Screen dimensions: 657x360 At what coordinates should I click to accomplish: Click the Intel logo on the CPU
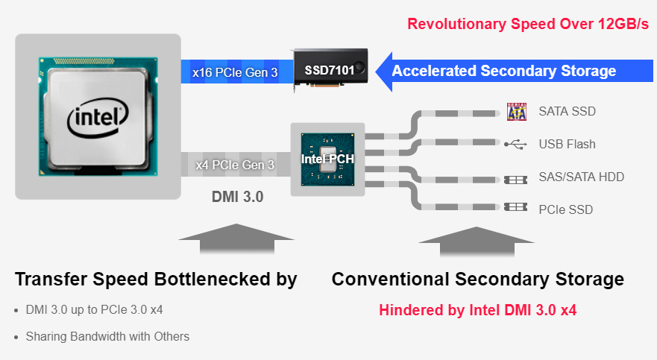pos(98,118)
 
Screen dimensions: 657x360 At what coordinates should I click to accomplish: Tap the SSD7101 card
pos(330,69)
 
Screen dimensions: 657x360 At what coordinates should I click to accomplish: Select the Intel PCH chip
pos(327,159)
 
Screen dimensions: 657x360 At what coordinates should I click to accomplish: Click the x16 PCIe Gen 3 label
pos(235,72)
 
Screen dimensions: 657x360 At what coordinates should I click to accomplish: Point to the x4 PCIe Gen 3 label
pos(235,165)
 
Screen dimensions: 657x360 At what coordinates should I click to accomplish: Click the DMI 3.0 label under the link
pos(238,197)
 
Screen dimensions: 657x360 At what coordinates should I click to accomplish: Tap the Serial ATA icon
pos(517,112)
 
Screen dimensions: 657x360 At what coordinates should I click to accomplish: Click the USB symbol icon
pos(515,145)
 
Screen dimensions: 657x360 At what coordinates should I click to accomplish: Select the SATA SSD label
pos(568,111)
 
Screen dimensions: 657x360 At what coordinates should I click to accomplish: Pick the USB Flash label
pos(567,144)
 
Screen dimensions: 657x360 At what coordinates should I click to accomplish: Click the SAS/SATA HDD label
pos(582,177)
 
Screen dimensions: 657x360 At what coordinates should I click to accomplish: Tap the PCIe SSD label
pos(566,209)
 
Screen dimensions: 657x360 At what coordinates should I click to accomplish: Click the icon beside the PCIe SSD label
pos(515,207)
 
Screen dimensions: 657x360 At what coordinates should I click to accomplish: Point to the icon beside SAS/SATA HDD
pos(515,180)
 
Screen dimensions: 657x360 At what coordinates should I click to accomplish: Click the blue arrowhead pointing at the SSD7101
pos(384,72)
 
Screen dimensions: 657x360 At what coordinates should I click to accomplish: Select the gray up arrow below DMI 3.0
pos(236,239)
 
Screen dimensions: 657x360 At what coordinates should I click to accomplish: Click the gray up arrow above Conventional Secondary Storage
pos(477,241)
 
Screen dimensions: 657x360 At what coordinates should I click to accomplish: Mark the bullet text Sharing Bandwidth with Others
pos(107,337)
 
